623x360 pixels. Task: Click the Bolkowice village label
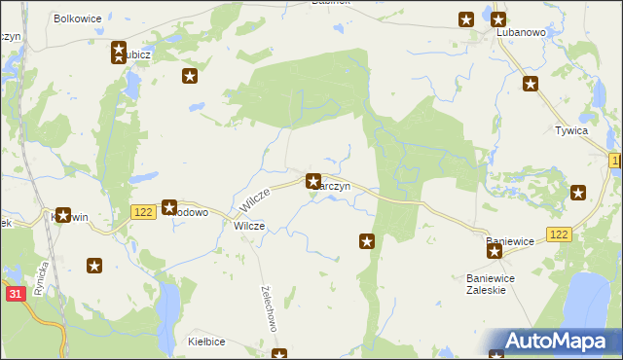(79, 18)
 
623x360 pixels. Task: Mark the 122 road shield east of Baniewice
(559, 234)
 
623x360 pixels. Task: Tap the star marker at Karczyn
(313, 181)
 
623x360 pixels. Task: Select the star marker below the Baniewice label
(495, 252)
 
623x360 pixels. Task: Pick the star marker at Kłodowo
(168, 207)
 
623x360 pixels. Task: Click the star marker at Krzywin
(64, 215)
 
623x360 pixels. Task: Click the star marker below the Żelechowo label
(279, 354)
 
